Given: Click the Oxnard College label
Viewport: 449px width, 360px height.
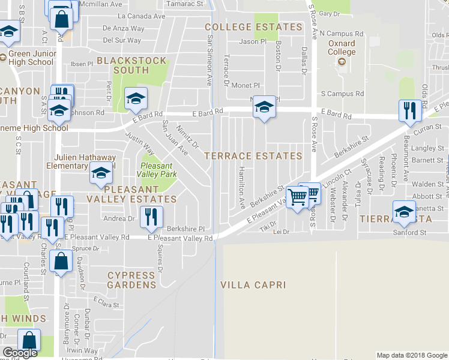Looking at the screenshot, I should click(342, 47).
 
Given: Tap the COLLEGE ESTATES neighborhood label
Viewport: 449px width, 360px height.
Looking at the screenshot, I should click(253, 27).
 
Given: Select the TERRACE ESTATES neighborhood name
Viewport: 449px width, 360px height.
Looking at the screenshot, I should click(253, 156).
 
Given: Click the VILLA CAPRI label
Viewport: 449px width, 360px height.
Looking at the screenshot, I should click(252, 284).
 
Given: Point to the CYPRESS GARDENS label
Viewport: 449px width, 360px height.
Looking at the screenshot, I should click(135, 275).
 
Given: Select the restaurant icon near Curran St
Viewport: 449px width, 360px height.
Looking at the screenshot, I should click(409, 110).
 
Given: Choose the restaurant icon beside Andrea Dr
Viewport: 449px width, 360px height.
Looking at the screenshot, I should click(151, 216).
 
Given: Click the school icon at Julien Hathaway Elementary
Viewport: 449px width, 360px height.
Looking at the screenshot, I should click(101, 173).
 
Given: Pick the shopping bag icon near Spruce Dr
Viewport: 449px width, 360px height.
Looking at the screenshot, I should click(61, 261).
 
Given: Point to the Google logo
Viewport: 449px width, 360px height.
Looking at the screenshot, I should click(20, 353).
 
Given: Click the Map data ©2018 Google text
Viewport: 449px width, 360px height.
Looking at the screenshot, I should click(412, 355).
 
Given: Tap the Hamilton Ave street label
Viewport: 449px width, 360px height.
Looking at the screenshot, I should click(242, 188).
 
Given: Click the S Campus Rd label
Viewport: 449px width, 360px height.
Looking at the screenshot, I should click(342, 94).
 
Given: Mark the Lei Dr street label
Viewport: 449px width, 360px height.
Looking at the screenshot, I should click(281, 232).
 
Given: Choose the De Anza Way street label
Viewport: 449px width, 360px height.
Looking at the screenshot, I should click(124, 28).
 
